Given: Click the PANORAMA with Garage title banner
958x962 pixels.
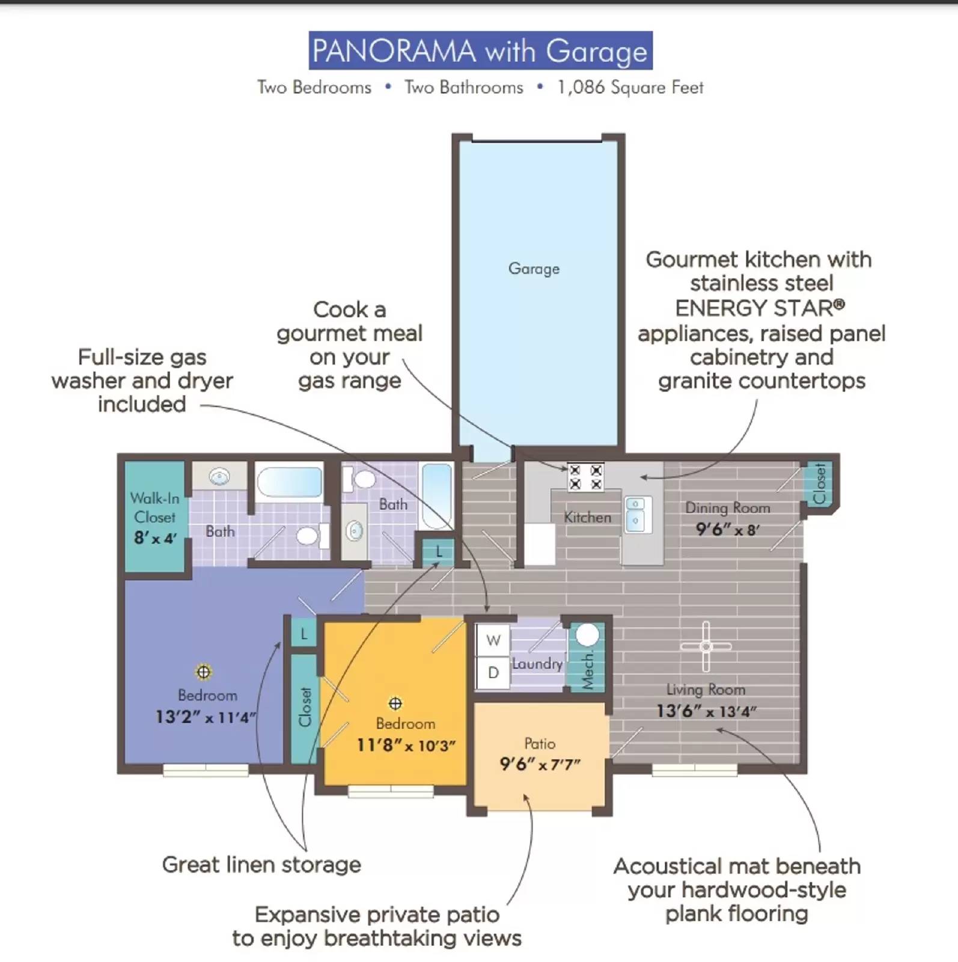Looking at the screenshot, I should [x=480, y=51].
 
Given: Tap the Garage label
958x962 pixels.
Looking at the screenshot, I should [x=534, y=268].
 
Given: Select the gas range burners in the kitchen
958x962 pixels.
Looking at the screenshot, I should [x=585, y=477].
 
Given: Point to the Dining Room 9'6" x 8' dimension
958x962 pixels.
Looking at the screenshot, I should [x=727, y=530].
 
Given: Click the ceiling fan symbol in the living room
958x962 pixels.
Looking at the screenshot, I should [x=706, y=646].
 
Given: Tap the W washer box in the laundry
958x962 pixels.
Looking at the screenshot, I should [x=493, y=640].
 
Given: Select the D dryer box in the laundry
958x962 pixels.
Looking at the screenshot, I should [x=493, y=672].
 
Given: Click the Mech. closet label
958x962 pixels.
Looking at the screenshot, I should [x=587, y=670].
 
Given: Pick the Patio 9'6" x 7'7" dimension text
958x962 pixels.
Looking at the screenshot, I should [x=540, y=765].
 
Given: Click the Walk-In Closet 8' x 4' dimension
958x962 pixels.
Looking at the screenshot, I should [x=155, y=538].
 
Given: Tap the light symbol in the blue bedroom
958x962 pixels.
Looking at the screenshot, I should [x=204, y=672].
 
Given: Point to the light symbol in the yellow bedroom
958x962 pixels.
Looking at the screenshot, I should [x=395, y=703].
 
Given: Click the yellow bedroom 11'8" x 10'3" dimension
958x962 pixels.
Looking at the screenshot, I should [x=406, y=746].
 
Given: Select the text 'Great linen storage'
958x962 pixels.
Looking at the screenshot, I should [x=261, y=865].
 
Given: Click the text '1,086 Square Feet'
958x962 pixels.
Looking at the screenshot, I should [x=629, y=88].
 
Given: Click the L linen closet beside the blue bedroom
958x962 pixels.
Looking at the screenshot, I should [x=304, y=633].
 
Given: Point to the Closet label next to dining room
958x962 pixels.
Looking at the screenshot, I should [x=819, y=483].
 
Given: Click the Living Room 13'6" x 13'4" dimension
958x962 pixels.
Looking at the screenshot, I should [x=706, y=711].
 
